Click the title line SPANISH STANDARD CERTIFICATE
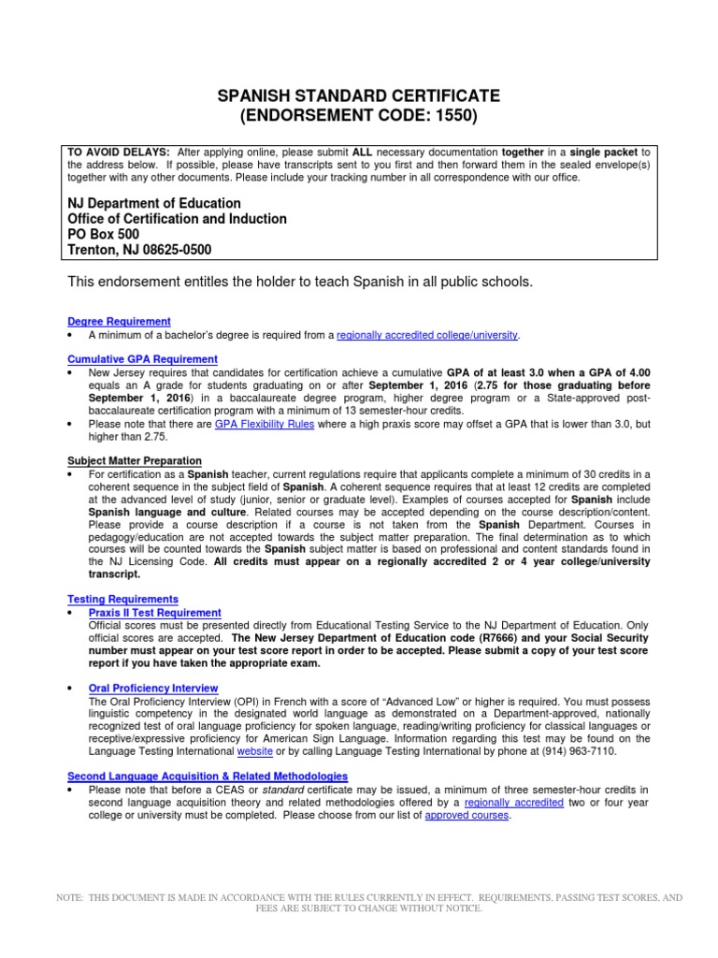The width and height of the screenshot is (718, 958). [359, 96]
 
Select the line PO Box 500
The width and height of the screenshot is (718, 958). [104, 235]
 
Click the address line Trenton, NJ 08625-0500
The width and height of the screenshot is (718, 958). [139, 250]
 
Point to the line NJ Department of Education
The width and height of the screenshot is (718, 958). [154, 204]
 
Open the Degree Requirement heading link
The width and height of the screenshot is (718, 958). [119, 322]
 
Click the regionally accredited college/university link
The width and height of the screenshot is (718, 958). [426, 335]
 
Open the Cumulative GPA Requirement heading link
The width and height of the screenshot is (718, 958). [142, 359]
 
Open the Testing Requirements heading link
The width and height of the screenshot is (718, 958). [122, 599]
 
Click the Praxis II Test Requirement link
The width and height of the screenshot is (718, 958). [154, 612]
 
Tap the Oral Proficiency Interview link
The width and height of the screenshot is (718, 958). [152, 688]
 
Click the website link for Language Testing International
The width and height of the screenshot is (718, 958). [255, 751]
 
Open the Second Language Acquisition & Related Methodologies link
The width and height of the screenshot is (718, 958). [208, 777]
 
